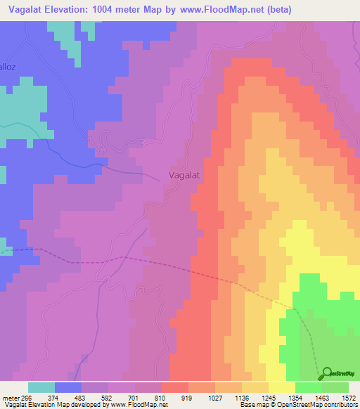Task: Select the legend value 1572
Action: pos(349,397)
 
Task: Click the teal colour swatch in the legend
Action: pos(41,387)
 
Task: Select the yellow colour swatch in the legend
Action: pos(281,387)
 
